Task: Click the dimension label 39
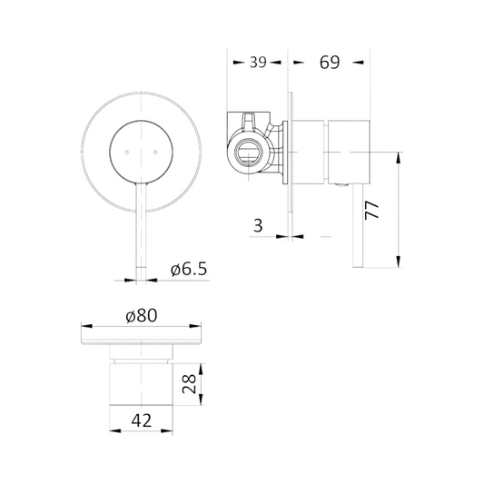[x=258, y=62]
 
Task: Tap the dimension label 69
[x=330, y=63]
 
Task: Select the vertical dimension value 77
[x=371, y=210]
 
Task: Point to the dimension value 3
[x=258, y=225]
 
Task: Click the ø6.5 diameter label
[x=189, y=269]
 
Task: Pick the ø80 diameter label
[x=142, y=316]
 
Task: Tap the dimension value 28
[x=189, y=384]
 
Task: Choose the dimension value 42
[x=142, y=420]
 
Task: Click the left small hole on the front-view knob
[x=126, y=152]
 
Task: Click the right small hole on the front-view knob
[x=155, y=152]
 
